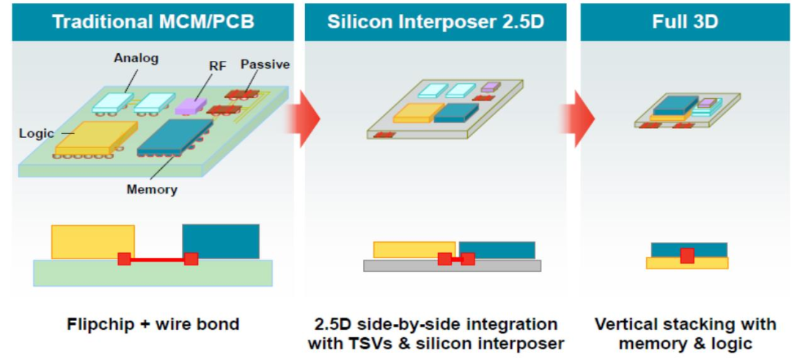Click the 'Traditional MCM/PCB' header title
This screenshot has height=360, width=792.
tap(153, 21)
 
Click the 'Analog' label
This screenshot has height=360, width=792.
tap(136, 58)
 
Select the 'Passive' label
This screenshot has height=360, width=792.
tap(265, 65)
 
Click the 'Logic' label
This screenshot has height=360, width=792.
tap(37, 133)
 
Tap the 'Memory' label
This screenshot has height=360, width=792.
tap(152, 190)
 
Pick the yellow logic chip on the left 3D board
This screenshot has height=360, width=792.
tap(95, 137)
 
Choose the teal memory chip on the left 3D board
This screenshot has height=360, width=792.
tap(175, 136)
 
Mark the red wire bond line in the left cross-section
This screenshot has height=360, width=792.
tap(158, 259)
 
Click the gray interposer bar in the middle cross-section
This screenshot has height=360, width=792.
tap(499, 265)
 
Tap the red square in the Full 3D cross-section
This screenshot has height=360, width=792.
tap(686, 255)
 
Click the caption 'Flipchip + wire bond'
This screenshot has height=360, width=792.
tap(153, 324)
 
